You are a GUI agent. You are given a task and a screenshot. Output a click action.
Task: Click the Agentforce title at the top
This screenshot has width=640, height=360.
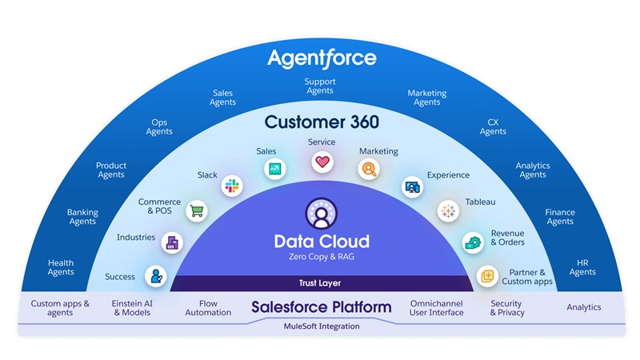point(321,58)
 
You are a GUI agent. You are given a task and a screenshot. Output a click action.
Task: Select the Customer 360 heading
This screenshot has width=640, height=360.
point(321,122)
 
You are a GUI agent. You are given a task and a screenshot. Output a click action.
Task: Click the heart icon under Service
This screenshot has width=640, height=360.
point(322,162)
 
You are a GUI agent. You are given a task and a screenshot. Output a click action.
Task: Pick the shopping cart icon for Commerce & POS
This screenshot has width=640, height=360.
point(196,211)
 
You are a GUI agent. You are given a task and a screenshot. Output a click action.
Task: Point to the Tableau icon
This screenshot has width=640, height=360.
point(447,211)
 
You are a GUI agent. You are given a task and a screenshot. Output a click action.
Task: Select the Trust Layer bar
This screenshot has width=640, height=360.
point(321,283)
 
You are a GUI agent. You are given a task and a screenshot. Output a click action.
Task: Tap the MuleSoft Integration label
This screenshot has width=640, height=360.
point(321,326)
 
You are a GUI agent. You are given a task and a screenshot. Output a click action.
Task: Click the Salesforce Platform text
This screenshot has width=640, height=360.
point(321,307)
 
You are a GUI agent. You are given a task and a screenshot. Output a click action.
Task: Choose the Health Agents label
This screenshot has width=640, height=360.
point(61,267)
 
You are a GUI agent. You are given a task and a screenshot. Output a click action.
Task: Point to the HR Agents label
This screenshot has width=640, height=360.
point(582,267)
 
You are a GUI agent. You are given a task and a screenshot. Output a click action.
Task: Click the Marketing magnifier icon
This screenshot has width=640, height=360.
point(369,169)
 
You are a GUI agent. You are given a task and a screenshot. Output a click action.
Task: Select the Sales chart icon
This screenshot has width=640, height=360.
point(274,169)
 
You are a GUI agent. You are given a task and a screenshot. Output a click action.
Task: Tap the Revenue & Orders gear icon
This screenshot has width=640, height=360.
point(472,242)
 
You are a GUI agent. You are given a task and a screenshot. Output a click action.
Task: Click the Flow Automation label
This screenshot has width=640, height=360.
point(207,308)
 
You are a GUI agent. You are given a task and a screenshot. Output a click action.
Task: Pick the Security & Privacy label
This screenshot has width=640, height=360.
point(506,308)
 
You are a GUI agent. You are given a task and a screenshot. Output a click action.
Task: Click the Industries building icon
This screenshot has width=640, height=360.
point(170,243)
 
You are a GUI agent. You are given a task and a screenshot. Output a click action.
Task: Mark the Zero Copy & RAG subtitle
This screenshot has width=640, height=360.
point(321,257)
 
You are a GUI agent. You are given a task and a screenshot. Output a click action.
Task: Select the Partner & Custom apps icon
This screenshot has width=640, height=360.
point(486,277)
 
